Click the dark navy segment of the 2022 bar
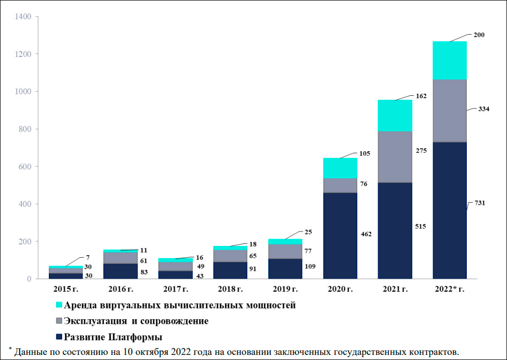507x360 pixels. coord(449,210)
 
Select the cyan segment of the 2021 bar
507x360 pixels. coord(395,116)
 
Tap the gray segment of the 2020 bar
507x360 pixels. coord(340,185)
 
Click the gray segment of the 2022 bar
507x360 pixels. coord(449,110)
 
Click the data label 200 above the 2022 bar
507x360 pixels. coord(478,35)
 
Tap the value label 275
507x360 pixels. coord(421,151)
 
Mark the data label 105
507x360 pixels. coord(364,153)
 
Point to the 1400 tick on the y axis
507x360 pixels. coord(24,17)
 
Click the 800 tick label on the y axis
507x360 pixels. coord(26,129)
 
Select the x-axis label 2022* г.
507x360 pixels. coord(449,289)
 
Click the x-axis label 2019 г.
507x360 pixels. coord(285,289)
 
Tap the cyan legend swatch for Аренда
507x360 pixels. coord(59,306)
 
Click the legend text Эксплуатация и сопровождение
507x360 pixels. coord(136,321)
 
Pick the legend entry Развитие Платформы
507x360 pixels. coord(113,337)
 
